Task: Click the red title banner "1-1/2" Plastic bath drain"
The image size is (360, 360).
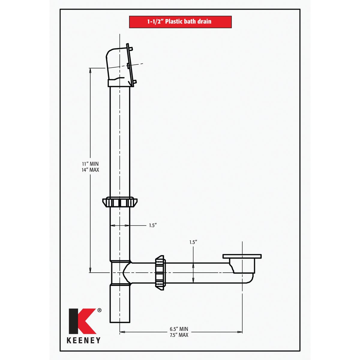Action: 180,22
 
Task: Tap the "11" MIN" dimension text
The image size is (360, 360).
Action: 90,164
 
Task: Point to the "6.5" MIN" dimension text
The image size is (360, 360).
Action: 179,329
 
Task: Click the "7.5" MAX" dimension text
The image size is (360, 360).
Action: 179,335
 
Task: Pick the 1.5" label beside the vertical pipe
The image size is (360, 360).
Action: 153,225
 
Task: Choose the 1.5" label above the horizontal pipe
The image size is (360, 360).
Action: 193,242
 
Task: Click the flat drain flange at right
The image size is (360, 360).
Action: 242,256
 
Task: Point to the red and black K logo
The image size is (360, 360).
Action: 82,321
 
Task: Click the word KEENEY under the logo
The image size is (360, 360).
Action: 83,340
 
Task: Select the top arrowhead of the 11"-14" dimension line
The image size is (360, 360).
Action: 90,70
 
